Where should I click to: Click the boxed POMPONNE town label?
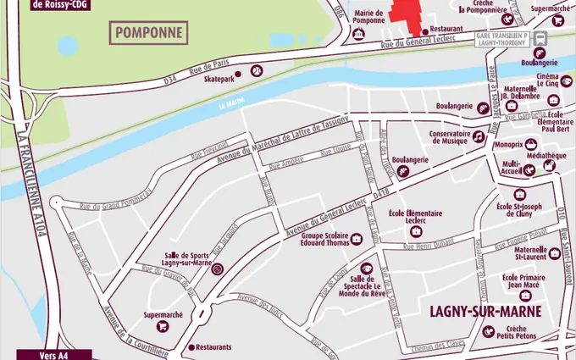tap(149, 33)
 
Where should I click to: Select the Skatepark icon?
tap(255, 71)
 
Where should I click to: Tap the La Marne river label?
tap(231, 105)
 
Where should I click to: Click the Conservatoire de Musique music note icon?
tap(478, 136)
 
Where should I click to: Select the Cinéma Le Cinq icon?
tap(552, 83)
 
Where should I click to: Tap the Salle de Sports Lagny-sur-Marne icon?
tap(217, 269)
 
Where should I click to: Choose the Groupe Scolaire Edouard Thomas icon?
tap(356, 240)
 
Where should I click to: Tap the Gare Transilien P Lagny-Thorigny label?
tap(503, 39)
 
